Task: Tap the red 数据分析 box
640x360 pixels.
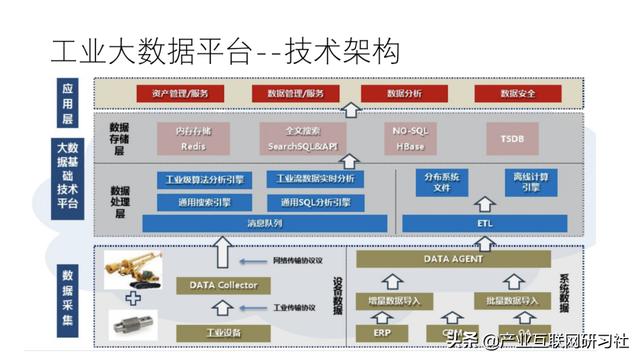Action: pyautogui.click(x=403, y=94)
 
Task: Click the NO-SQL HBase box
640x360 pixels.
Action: pyautogui.click(x=410, y=138)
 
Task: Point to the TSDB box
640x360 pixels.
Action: pyautogui.click(x=511, y=138)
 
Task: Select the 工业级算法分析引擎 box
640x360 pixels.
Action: pyautogui.click(x=204, y=181)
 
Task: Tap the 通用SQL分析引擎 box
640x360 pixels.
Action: pyautogui.click(x=315, y=202)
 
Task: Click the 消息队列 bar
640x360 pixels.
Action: pyautogui.click(x=265, y=223)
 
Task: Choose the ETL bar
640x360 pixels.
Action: pyautogui.click(x=484, y=223)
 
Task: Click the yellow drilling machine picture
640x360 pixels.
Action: pyautogui.click(x=135, y=267)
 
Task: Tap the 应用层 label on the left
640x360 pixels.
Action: pyautogui.click(x=67, y=96)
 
